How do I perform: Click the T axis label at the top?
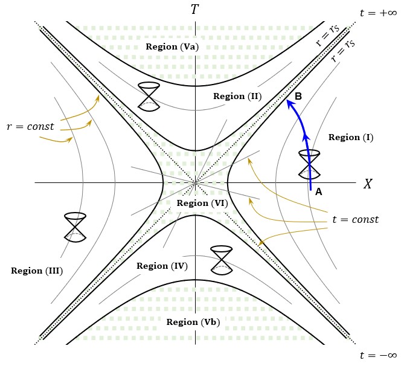(x=194, y=10)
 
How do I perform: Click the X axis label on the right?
(x=367, y=184)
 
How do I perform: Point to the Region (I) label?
(x=351, y=138)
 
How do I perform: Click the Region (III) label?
(x=37, y=271)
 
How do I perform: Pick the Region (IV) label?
(x=162, y=266)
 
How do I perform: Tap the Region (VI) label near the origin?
(x=202, y=203)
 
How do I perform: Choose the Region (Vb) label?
(x=193, y=322)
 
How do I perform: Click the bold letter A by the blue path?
(x=319, y=192)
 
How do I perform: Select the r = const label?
(x=30, y=127)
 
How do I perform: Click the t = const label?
(x=355, y=219)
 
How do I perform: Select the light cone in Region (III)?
(x=75, y=226)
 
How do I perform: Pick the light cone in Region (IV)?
(x=221, y=259)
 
